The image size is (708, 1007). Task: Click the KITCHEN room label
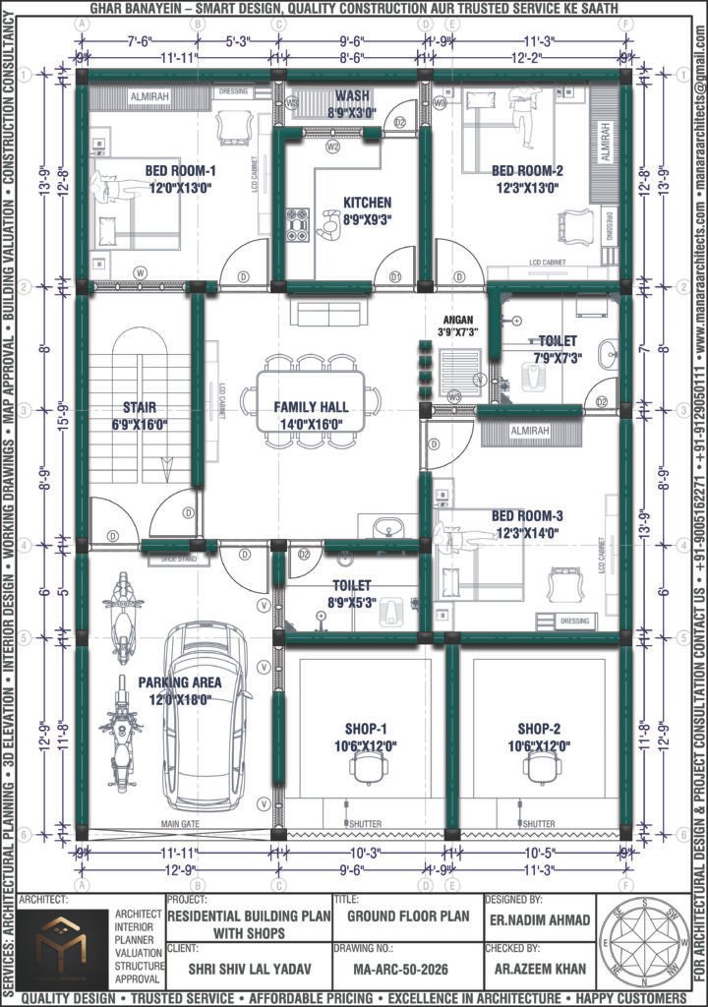tap(367, 203)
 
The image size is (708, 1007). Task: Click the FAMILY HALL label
tap(311, 406)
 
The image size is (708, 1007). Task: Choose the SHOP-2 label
tap(539, 729)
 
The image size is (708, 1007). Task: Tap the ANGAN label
tap(458, 320)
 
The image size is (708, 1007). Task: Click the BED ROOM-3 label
tap(527, 516)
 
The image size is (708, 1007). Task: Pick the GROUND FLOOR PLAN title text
tap(400, 916)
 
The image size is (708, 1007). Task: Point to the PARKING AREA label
tap(180, 681)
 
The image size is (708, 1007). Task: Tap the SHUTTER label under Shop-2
tap(539, 824)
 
